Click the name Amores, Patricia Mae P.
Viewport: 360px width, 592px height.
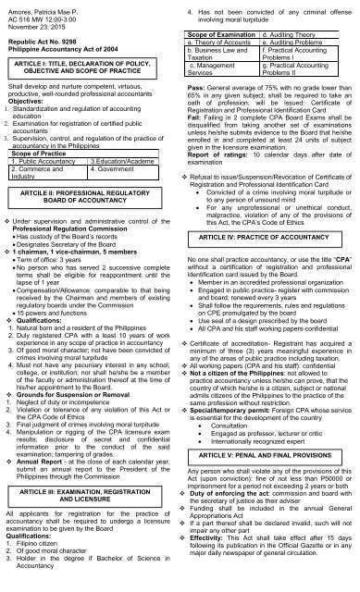pyautogui.click(x=40, y=6)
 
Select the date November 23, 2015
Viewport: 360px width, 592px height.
pyautogui.click(x=35, y=27)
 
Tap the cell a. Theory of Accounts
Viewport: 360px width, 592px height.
pyautogui.click(x=228, y=43)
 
